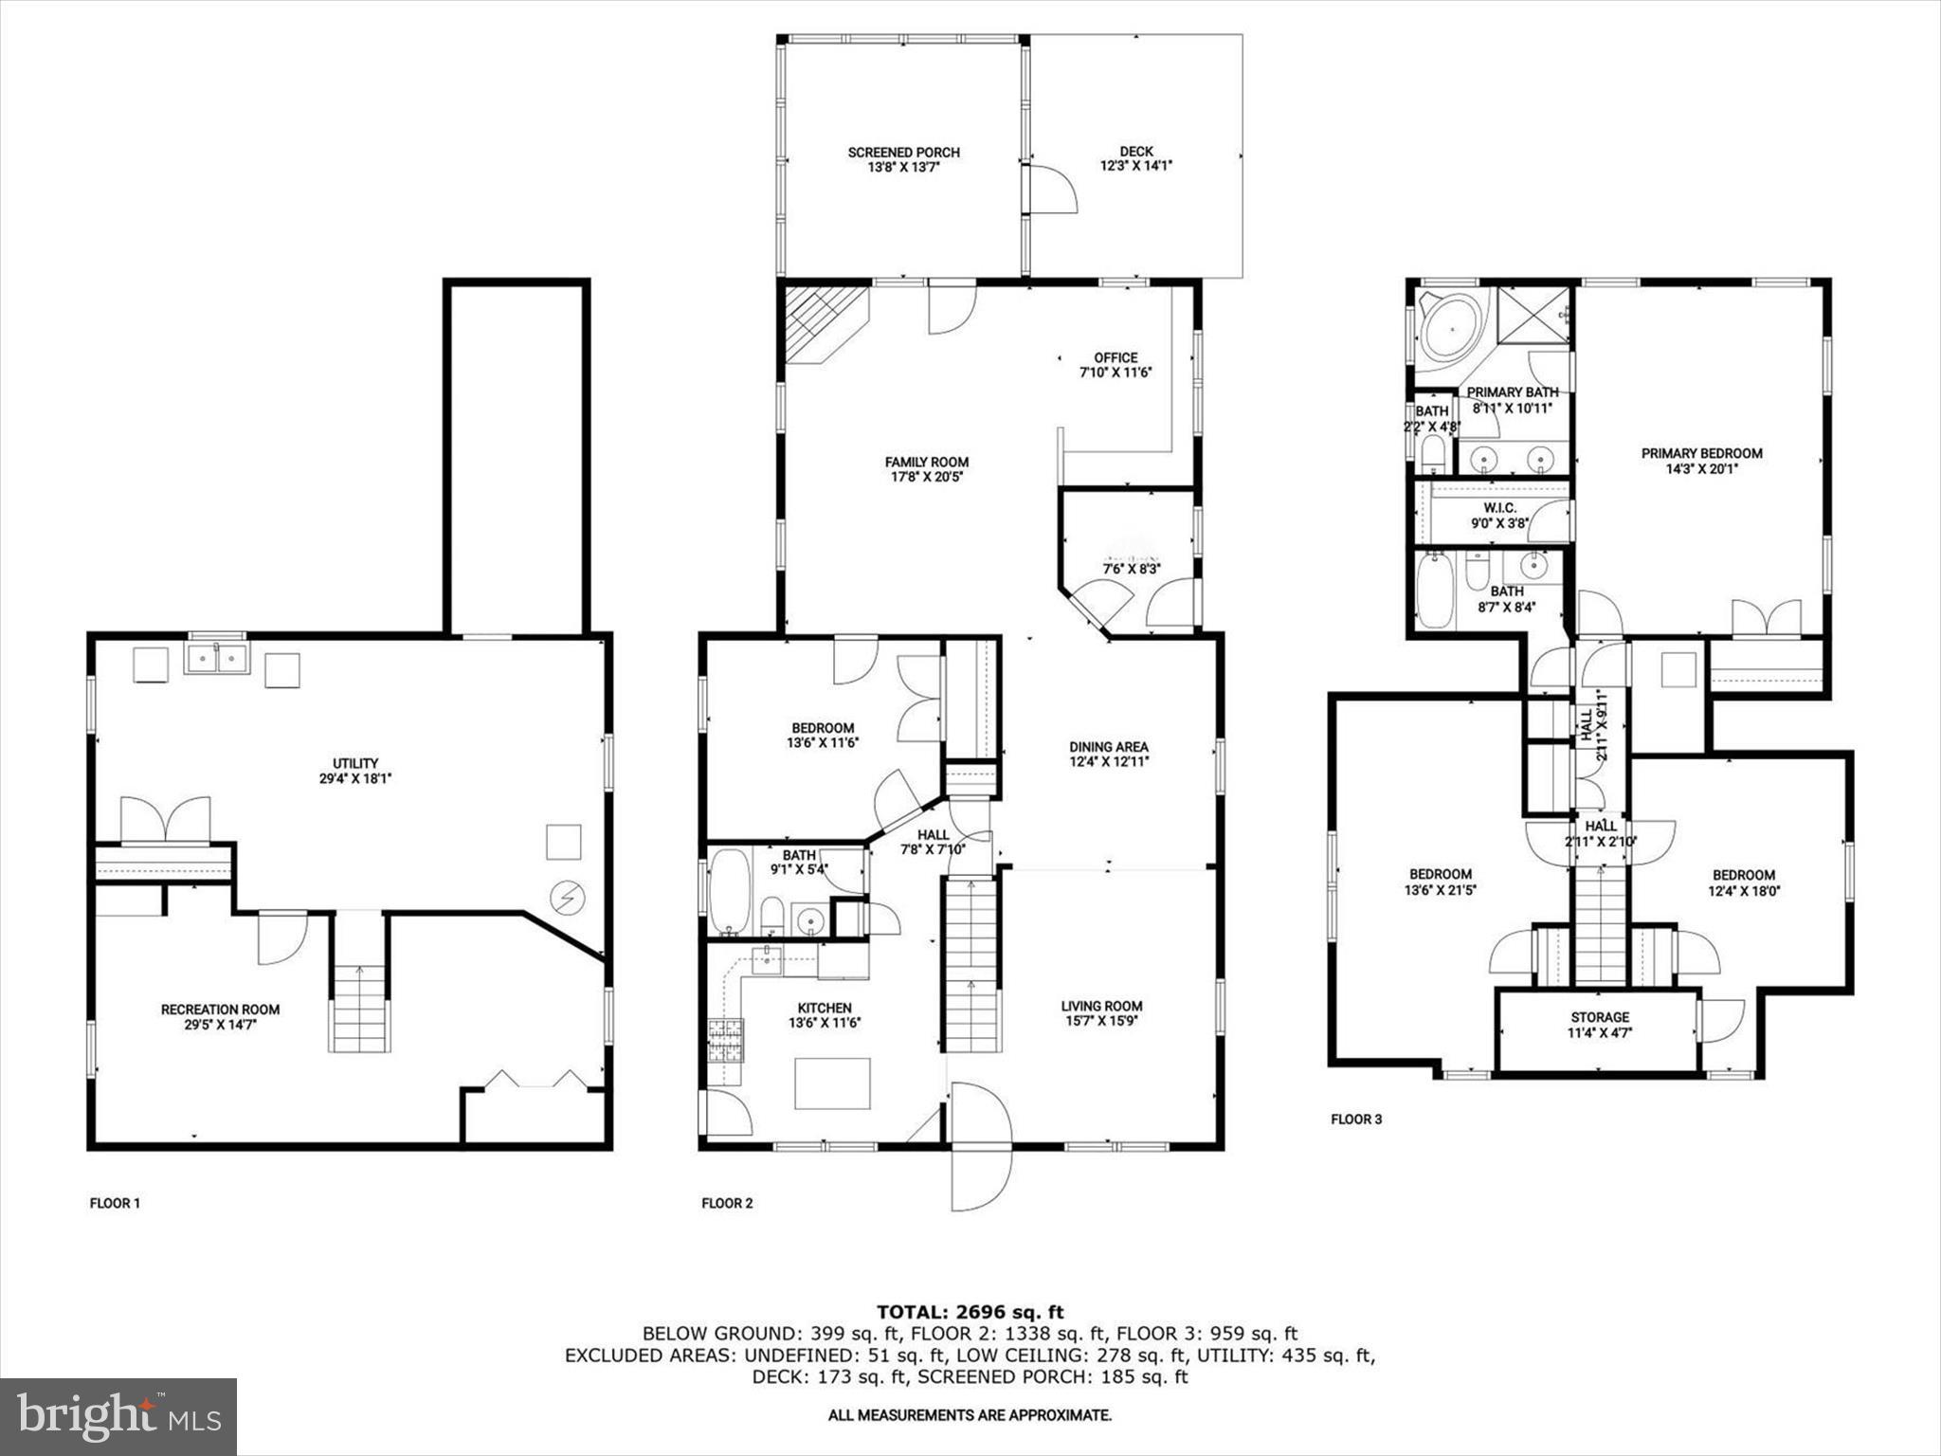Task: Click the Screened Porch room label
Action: click(903, 153)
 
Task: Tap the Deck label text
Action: click(1136, 152)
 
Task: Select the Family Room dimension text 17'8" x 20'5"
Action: click(928, 478)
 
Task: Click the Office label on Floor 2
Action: click(1116, 358)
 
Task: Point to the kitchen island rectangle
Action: click(832, 1083)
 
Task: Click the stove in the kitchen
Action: click(726, 1040)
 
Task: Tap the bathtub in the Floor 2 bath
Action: click(729, 892)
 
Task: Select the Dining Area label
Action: click(1109, 747)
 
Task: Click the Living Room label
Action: click(1101, 1006)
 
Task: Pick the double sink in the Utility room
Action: click(217, 658)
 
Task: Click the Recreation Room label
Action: click(220, 1010)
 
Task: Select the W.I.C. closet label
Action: click(1500, 508)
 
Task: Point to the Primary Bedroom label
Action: click(1702, 453)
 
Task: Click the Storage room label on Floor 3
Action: click(1600, 1017)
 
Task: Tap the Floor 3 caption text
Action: click(1356, 1119)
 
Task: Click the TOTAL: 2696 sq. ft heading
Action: click(970, 1312)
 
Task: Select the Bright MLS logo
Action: click(118, 1416)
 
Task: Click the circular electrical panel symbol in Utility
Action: click(568, 898)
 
